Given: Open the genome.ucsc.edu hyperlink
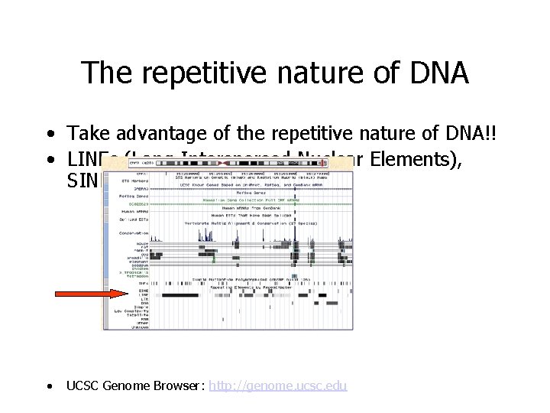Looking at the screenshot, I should [277, 385].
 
